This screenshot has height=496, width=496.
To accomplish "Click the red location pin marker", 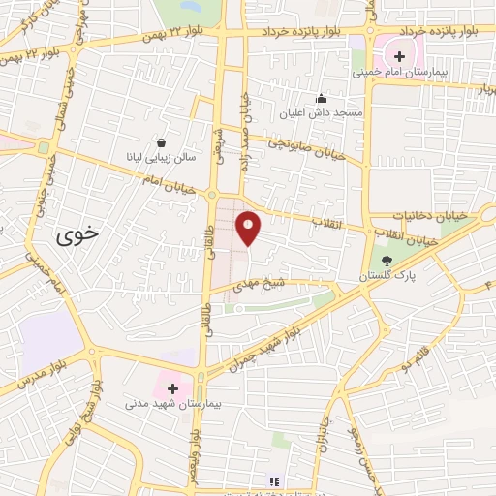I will [248, 229].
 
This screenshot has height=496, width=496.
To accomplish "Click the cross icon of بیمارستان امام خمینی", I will [398, 55].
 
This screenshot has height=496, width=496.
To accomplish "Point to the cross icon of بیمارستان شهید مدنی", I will [172, 387].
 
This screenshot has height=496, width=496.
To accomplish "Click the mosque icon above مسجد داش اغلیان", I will [322, 98].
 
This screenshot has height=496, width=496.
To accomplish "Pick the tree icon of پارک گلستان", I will [387, 260].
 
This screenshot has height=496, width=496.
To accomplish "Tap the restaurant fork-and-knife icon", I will [274, 480].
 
